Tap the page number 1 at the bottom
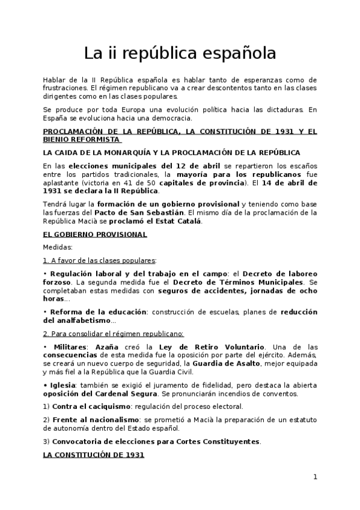coord(314,477)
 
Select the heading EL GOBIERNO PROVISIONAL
coord(95,234)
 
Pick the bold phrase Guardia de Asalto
coord(231,363)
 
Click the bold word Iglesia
coord(64,385)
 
